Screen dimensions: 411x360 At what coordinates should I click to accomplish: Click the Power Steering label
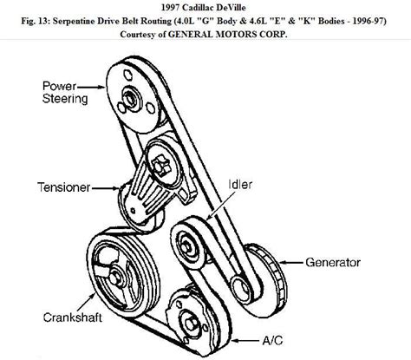tap(65, 93)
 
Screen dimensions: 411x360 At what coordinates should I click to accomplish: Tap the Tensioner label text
tap(64, 187)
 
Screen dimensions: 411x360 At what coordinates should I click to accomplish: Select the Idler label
tap(240, 185)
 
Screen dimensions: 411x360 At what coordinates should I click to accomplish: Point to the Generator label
tap(333, 263)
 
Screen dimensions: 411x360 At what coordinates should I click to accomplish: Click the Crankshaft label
tap(73, 317)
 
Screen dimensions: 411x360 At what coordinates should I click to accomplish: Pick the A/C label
tap(272, 340)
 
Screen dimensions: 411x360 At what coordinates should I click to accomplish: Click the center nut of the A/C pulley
tap(191, 324)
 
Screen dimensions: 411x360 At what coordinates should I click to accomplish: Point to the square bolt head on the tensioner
tap(160, 166)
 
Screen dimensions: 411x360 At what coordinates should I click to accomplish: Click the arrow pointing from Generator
tap(291, 263)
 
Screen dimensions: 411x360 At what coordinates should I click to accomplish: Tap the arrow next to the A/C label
tap(245, 341)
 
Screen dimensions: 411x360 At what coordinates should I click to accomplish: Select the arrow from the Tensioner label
tap(106, 188)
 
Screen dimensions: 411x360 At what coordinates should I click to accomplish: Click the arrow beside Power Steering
tap(91, 87)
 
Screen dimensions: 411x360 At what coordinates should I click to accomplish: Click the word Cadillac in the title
tap(199, 7)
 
